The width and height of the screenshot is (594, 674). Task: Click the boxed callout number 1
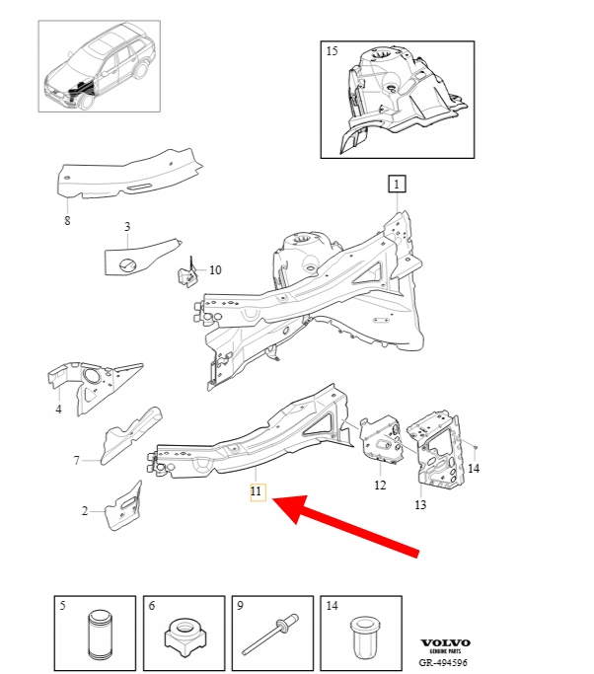(x=397, y=184)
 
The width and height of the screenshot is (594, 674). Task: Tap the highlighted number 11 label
(x=258, y=491)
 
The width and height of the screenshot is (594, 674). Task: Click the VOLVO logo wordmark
(x=445, y=643)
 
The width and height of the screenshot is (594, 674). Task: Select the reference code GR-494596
(x=443, y=662)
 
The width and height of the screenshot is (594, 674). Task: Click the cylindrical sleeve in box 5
(x=102, y=635)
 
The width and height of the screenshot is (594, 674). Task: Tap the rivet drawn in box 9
(x=270, y=634)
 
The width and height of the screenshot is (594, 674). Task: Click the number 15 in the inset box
(x=332, y=50)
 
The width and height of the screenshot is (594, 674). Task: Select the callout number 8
(x=67, y=220)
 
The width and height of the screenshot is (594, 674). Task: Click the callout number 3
(x=127, y=227)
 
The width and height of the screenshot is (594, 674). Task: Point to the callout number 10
(x=215, y=270)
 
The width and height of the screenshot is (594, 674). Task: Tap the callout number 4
(x=58, y=409)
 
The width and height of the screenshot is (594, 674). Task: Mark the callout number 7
(x=77, y=461)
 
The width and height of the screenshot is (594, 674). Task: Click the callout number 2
(x=85, y=510)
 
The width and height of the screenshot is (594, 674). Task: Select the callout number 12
(x=380, y=485)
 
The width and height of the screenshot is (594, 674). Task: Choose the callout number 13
(x=420, y=504)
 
